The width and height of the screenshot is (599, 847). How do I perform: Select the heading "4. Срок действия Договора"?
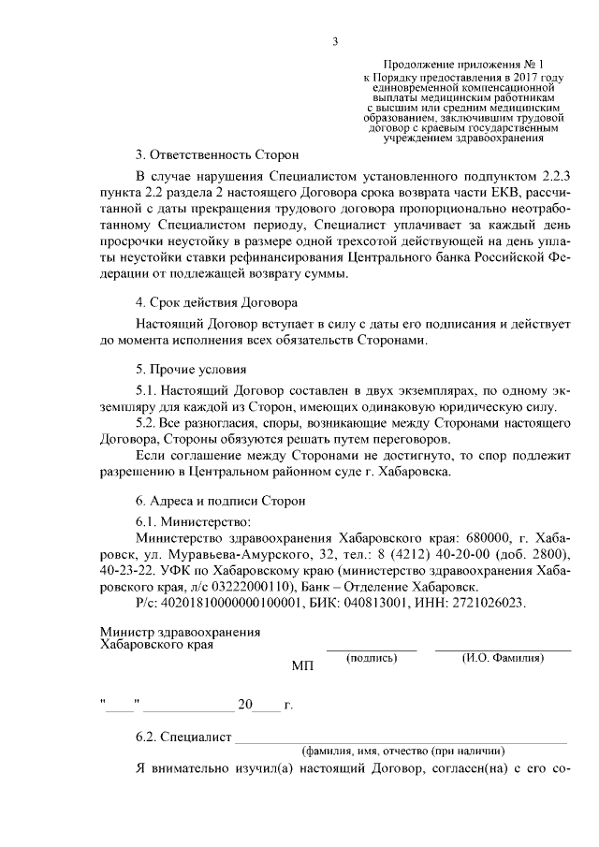point(216,302)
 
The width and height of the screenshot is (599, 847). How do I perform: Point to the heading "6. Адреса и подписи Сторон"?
point(220,502)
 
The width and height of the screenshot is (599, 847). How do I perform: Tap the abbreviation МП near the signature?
point(303,667)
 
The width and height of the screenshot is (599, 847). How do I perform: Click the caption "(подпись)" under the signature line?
point(372,658)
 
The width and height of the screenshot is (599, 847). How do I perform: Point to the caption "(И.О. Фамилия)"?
point(503,658)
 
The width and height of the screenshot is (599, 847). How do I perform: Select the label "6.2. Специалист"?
point(183,737)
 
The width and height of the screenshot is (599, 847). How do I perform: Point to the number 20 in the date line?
point(245,705)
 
